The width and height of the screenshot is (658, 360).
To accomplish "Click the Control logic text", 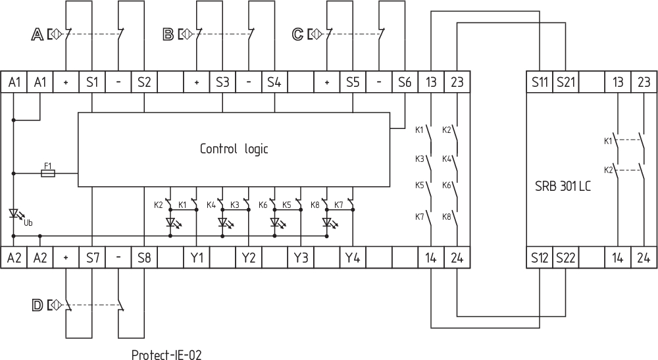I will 234,149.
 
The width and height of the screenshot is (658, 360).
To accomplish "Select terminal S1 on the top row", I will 92,82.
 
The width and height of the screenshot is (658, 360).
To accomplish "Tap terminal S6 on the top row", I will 405,82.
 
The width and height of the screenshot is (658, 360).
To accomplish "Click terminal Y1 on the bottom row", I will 196,257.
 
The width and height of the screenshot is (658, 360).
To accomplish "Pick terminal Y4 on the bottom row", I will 353,257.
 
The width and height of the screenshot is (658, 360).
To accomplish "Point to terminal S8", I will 144,257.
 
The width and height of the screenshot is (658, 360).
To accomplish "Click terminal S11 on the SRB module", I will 540,82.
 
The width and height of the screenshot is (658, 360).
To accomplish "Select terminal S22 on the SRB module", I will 565,257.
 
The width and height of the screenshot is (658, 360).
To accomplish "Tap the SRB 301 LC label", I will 563,186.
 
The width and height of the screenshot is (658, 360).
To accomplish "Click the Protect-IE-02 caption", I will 166,355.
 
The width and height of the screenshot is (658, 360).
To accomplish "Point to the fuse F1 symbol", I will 48,173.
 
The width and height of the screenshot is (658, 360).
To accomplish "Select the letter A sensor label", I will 37,34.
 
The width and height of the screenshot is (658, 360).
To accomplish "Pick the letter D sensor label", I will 37,305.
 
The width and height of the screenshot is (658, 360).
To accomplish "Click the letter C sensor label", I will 297,34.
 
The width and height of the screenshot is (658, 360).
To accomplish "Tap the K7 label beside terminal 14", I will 420,216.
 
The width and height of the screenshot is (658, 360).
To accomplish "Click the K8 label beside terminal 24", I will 447,216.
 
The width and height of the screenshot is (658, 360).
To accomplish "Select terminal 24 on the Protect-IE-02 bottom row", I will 457,257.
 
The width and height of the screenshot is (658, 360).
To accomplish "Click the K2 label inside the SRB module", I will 608,170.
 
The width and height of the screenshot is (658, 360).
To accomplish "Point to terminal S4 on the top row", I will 274,82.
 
